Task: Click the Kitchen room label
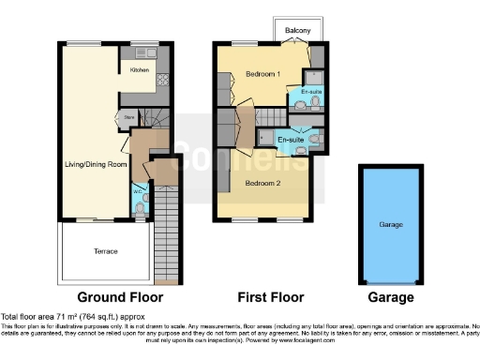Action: pos(138,69)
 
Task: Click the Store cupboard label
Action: pos(128,117)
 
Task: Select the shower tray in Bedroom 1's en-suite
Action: pos(317,75)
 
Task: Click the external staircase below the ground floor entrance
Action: pos(165,234)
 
